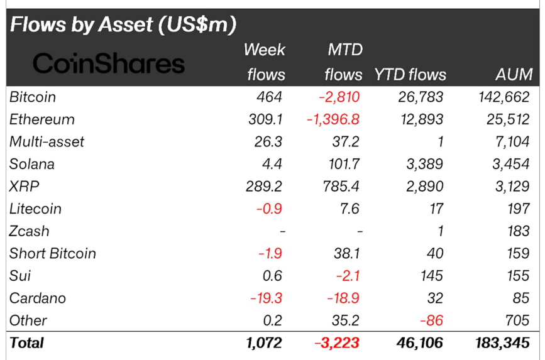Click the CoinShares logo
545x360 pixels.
point(109,63)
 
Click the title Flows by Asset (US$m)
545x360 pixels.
point(123,25)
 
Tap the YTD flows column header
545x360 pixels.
point(410,75)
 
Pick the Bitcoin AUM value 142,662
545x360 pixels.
point(502,97)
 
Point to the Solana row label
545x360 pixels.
point(32,165)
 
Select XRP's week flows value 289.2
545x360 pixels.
point(266,187)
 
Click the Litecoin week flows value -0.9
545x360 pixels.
point(270,209)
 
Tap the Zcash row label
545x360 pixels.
point(30,231)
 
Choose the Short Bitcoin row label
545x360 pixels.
point(53,253)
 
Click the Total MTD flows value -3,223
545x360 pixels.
point(338,343)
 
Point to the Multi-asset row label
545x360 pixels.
point(47,142)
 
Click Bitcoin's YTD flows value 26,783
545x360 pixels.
point(421,97)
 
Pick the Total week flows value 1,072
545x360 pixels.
point(264,343)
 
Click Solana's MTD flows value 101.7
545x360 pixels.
point(345,165)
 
